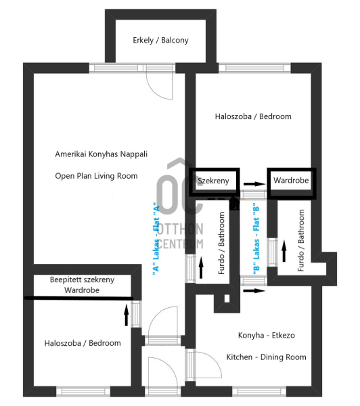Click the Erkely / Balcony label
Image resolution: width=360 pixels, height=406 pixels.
(160, 41)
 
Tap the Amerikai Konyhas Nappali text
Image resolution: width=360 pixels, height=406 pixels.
(102, 154)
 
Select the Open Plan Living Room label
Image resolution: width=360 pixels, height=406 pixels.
(96, 176)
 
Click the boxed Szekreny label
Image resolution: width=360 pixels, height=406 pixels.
(214, 181)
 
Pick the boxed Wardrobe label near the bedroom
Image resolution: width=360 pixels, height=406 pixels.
(291, 180)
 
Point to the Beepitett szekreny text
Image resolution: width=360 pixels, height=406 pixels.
(82, 280)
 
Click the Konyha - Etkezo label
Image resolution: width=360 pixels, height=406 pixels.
(267, 336)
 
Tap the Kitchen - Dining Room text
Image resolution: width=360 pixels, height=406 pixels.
(266, 357)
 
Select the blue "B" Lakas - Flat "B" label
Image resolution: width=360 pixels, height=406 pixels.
(256, 240)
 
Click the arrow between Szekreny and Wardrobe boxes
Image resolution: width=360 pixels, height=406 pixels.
(254, 184)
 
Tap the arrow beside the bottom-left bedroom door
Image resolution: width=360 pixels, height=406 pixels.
(127, 315)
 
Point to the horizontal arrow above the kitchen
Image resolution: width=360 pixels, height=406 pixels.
(254, 291)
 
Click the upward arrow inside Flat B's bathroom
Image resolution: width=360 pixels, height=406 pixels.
(284, 251)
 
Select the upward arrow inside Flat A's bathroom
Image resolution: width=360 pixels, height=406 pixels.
(201, 267)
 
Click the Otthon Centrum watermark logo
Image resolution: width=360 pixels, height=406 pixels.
(180, 204)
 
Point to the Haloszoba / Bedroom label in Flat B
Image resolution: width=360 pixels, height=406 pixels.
(253, 116)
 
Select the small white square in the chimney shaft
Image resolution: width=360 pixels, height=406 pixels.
(227, 298)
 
